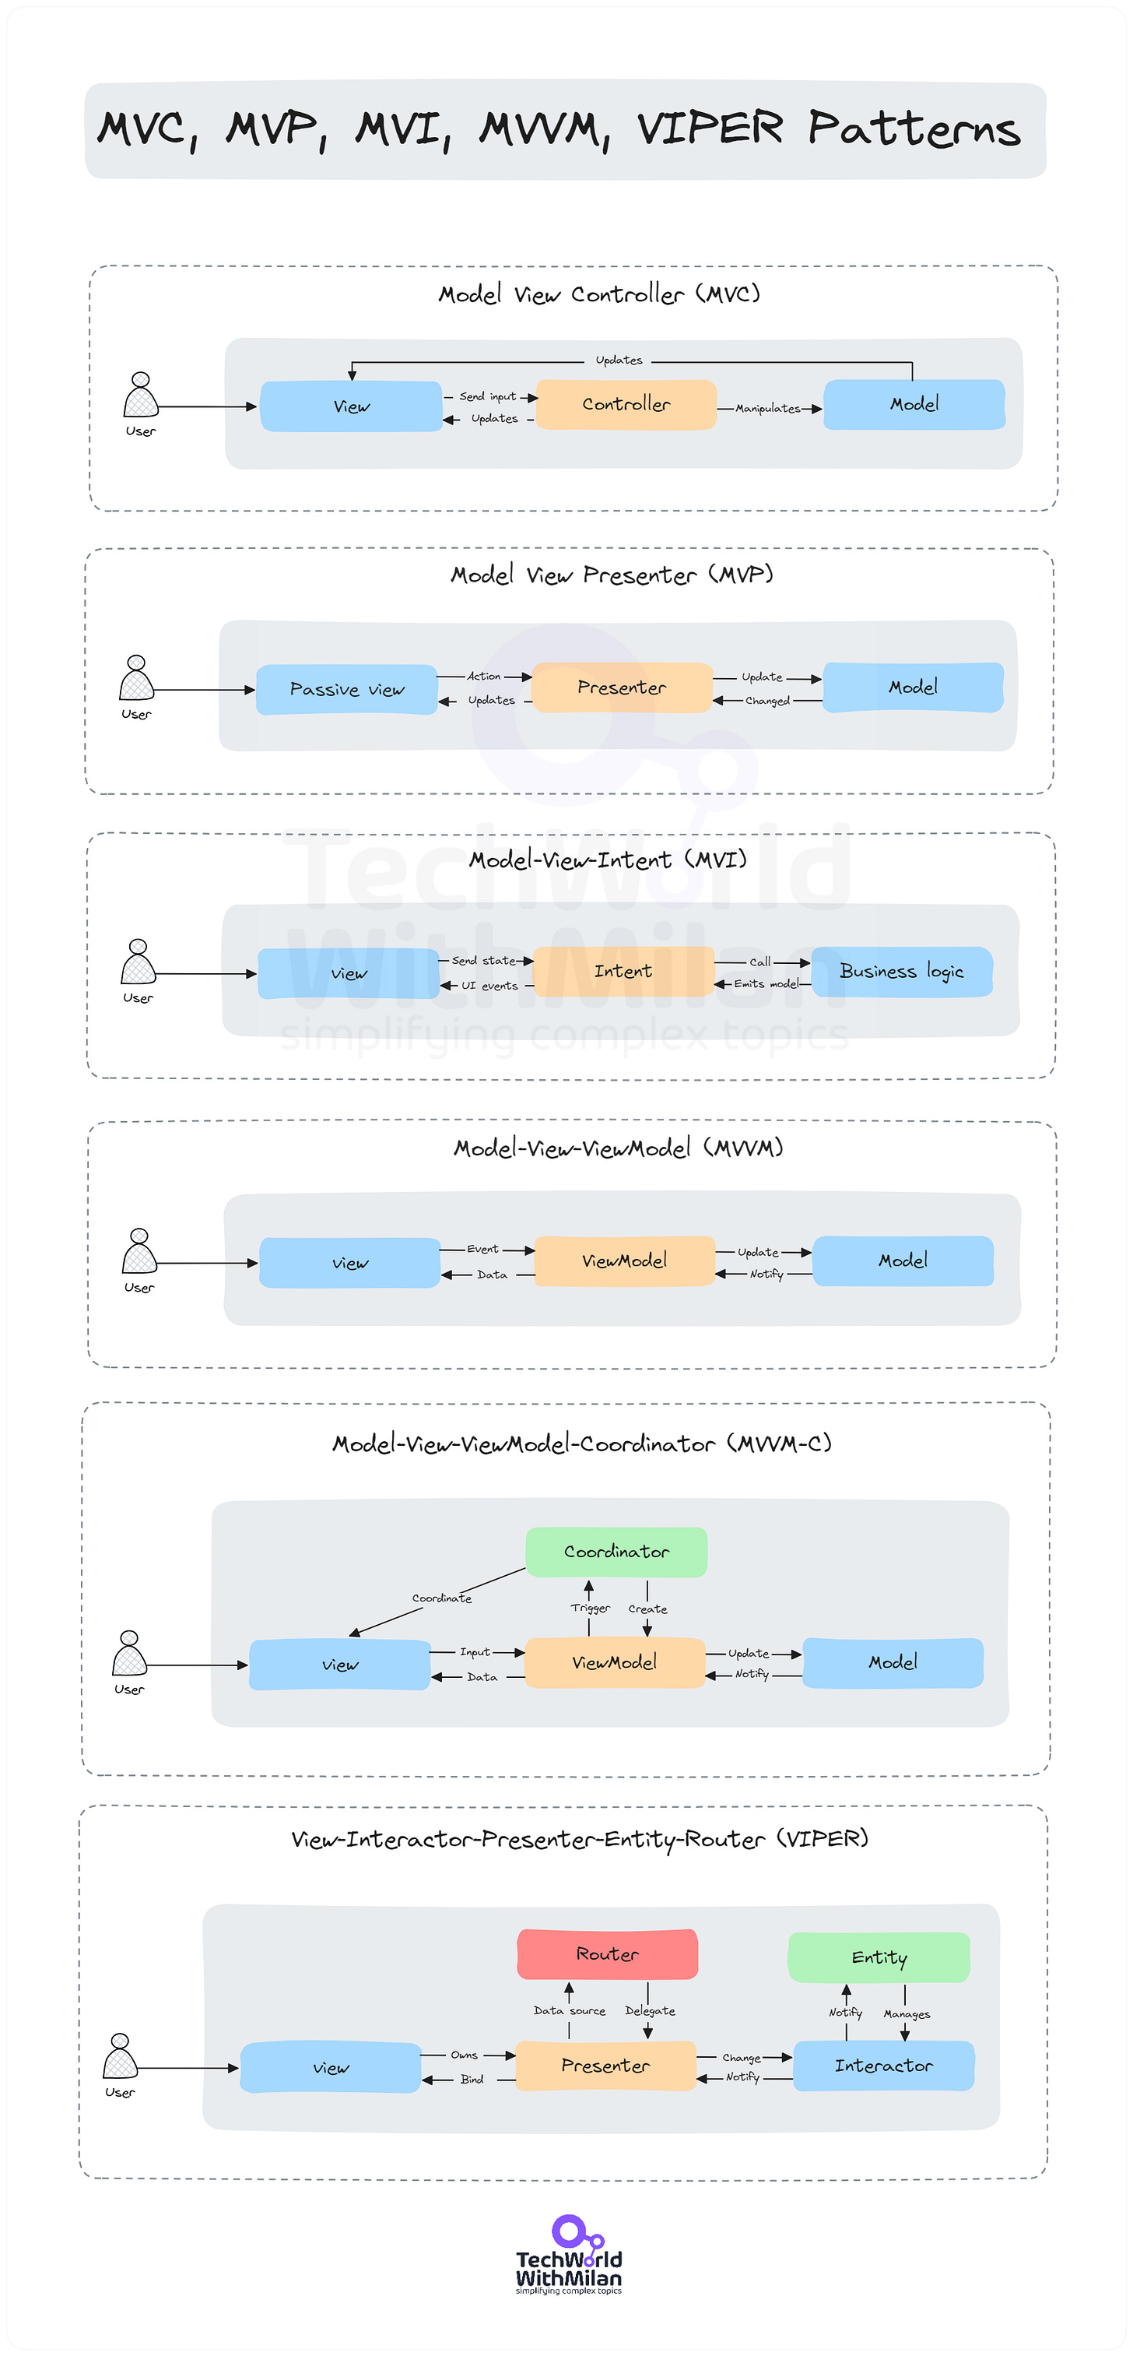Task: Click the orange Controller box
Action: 626,404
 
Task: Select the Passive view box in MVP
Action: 346,690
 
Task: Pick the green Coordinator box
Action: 616,1552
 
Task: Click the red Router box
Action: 607,1954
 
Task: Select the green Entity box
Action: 879,1958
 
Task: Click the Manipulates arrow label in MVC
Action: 767,409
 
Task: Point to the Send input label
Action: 487,397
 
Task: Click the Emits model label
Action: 766,984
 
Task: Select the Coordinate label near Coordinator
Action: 442,1598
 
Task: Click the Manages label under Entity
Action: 907,2015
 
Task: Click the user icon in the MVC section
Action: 141,397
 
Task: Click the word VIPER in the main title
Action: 710,128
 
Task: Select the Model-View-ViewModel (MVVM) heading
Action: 618,1148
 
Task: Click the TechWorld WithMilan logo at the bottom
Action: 569,2256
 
